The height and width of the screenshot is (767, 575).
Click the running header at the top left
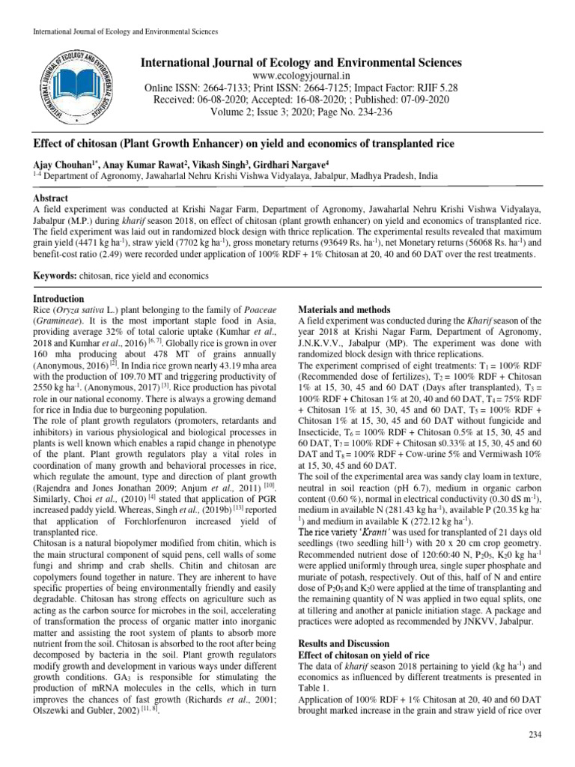coord(121,32)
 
